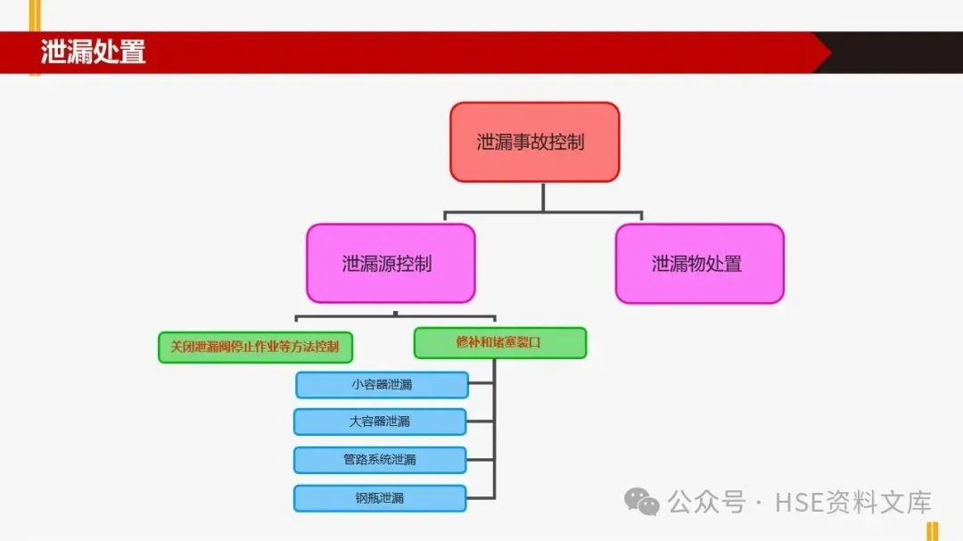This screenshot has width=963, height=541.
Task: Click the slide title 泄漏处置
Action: coord(93,52)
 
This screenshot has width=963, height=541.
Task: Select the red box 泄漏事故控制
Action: coord(534,142)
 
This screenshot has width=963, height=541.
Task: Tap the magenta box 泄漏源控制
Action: coord(391,263)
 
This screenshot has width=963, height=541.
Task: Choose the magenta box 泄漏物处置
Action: coord(699,263)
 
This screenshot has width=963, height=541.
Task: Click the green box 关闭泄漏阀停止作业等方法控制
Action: coord(254,347)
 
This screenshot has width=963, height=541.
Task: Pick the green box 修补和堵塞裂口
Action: coord(499,342)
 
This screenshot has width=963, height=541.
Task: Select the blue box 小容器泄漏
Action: coord(382,385)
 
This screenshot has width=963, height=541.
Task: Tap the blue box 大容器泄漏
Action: coord(380,422)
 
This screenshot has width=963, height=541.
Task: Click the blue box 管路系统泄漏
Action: coord(380,460)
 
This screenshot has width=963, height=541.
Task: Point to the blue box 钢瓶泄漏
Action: coord(380,498)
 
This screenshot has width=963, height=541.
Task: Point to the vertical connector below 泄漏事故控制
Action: coord(542,197)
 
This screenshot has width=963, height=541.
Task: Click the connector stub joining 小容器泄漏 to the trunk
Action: coord(481,384)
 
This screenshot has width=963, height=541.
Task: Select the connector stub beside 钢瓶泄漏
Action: coord(481,498)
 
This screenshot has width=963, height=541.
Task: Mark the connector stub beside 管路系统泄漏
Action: coord(481,460)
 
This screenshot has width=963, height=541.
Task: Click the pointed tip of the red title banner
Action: coord(825,53)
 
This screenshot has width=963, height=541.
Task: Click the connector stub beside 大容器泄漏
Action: coord(481,422)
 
